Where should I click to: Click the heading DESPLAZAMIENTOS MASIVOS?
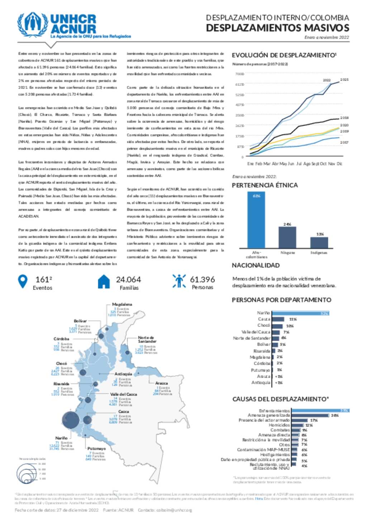tap(277, 28)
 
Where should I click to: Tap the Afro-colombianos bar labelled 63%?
tap(256, 220)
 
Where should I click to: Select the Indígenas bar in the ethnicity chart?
tap(319, 242)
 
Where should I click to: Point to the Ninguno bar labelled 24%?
tap(287, 237)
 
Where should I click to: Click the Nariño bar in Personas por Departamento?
tap(300, 313)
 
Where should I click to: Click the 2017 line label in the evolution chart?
tap(344, 142)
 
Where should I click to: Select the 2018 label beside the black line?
tap(344, 118)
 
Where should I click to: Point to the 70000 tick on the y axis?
tap(239, 74)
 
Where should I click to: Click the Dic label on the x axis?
tap(339, 164)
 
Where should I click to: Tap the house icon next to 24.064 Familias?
tap(104, 282)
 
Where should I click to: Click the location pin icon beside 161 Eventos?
tap(23, 282)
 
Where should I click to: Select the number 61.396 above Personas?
tap(202, 279)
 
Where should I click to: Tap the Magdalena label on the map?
tap(122, 304)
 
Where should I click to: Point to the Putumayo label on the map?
tap(96, 448)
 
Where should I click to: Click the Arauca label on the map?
tap(162, 383)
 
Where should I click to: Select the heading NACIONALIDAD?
tap(256, 265)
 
